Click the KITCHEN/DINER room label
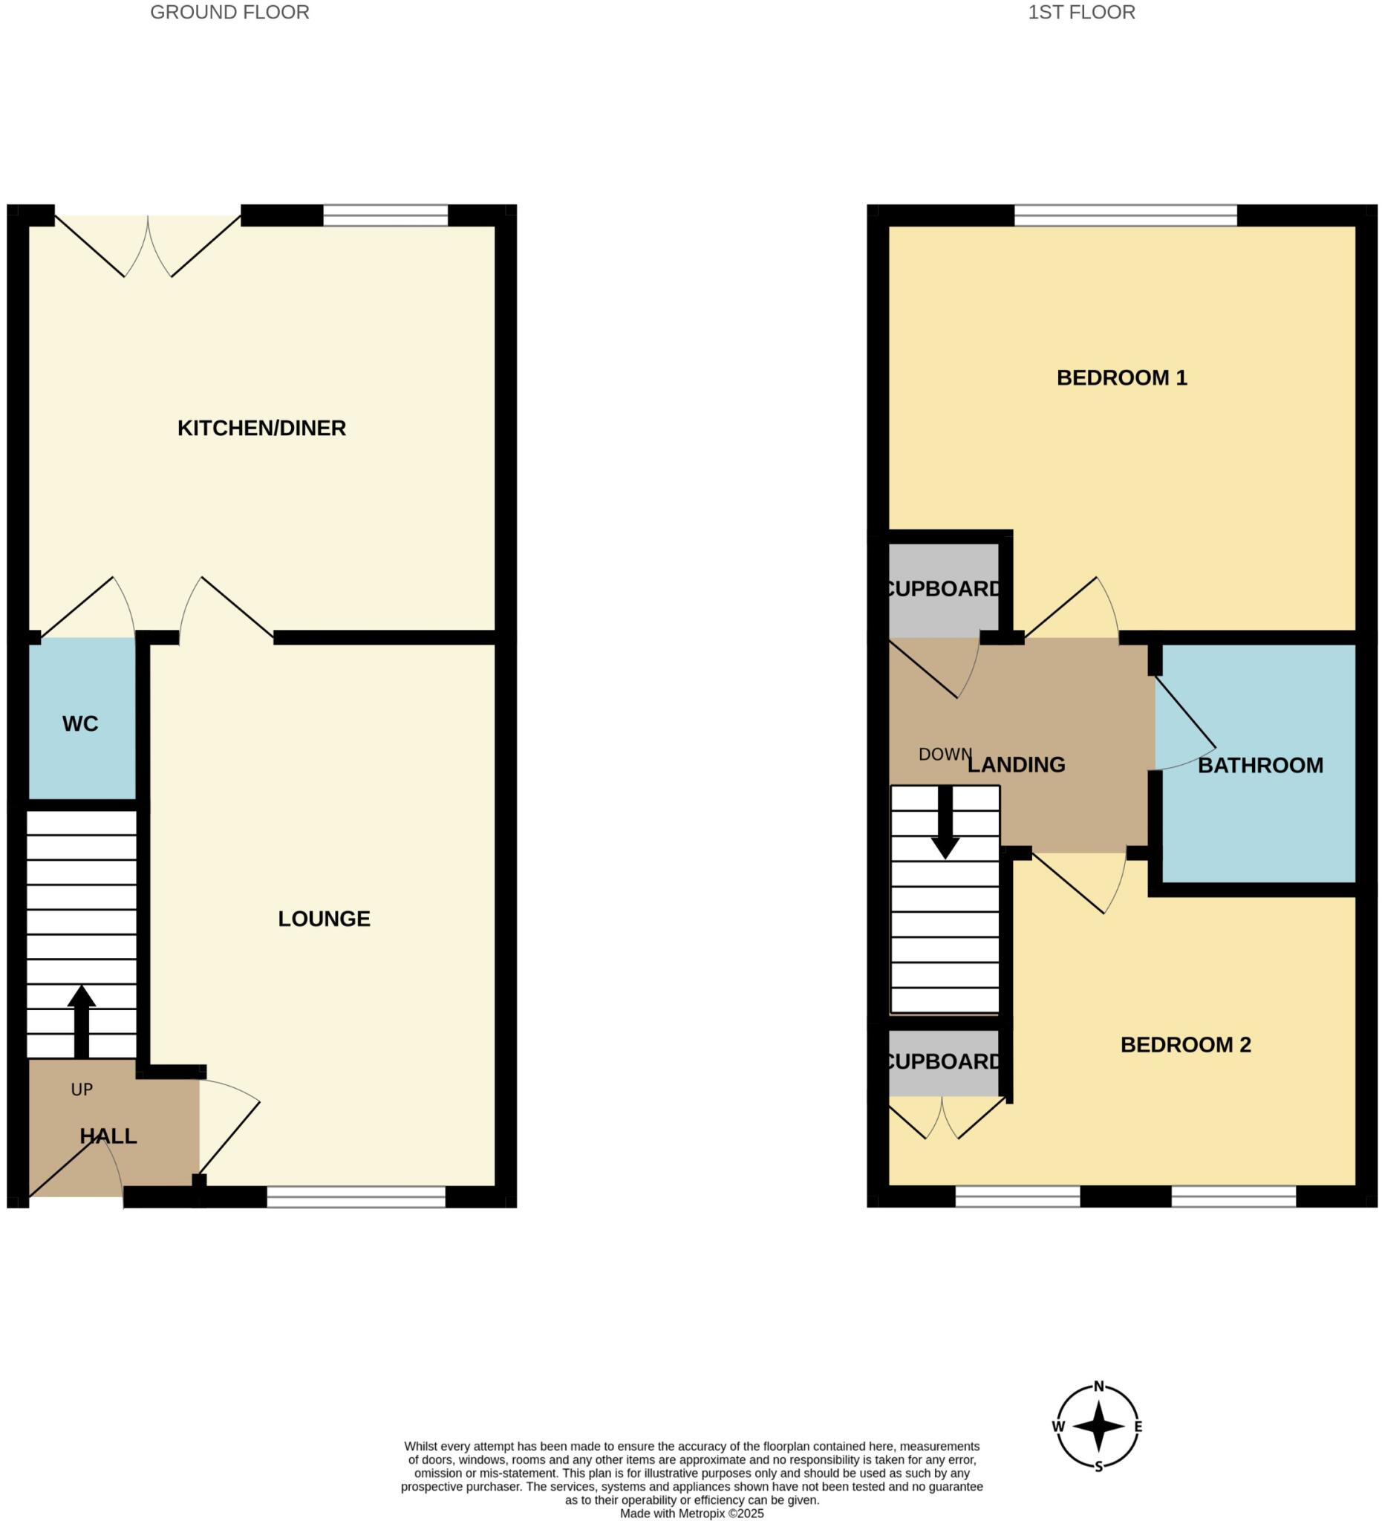click(261, 429)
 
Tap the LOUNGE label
click(324, 919)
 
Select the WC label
click(80, 724)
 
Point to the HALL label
click(108, 1136)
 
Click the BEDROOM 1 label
click(1121, 378)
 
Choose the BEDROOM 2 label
click(1185, 1045)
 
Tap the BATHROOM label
click(1259, 766)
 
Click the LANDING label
click(1016, 765)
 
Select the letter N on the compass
click(1098, 1386)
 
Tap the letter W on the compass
click(1057, 1427)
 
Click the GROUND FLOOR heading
click(229, 13)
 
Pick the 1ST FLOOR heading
click(1081, 13)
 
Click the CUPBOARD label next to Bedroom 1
click(943, 589)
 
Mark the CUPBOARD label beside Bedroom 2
click(943, 1062)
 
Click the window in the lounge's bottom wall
click(356, 1197)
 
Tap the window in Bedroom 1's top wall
click(1125, 216)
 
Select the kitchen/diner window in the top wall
click(385, 216)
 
